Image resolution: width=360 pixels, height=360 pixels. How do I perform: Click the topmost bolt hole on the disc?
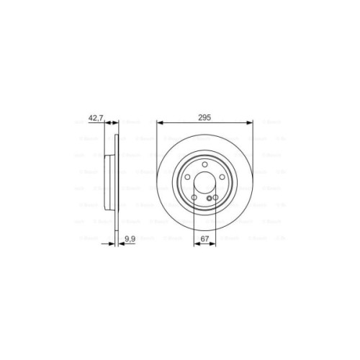coord(204,164)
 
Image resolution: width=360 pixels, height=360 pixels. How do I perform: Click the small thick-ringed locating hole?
coord(209,198)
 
